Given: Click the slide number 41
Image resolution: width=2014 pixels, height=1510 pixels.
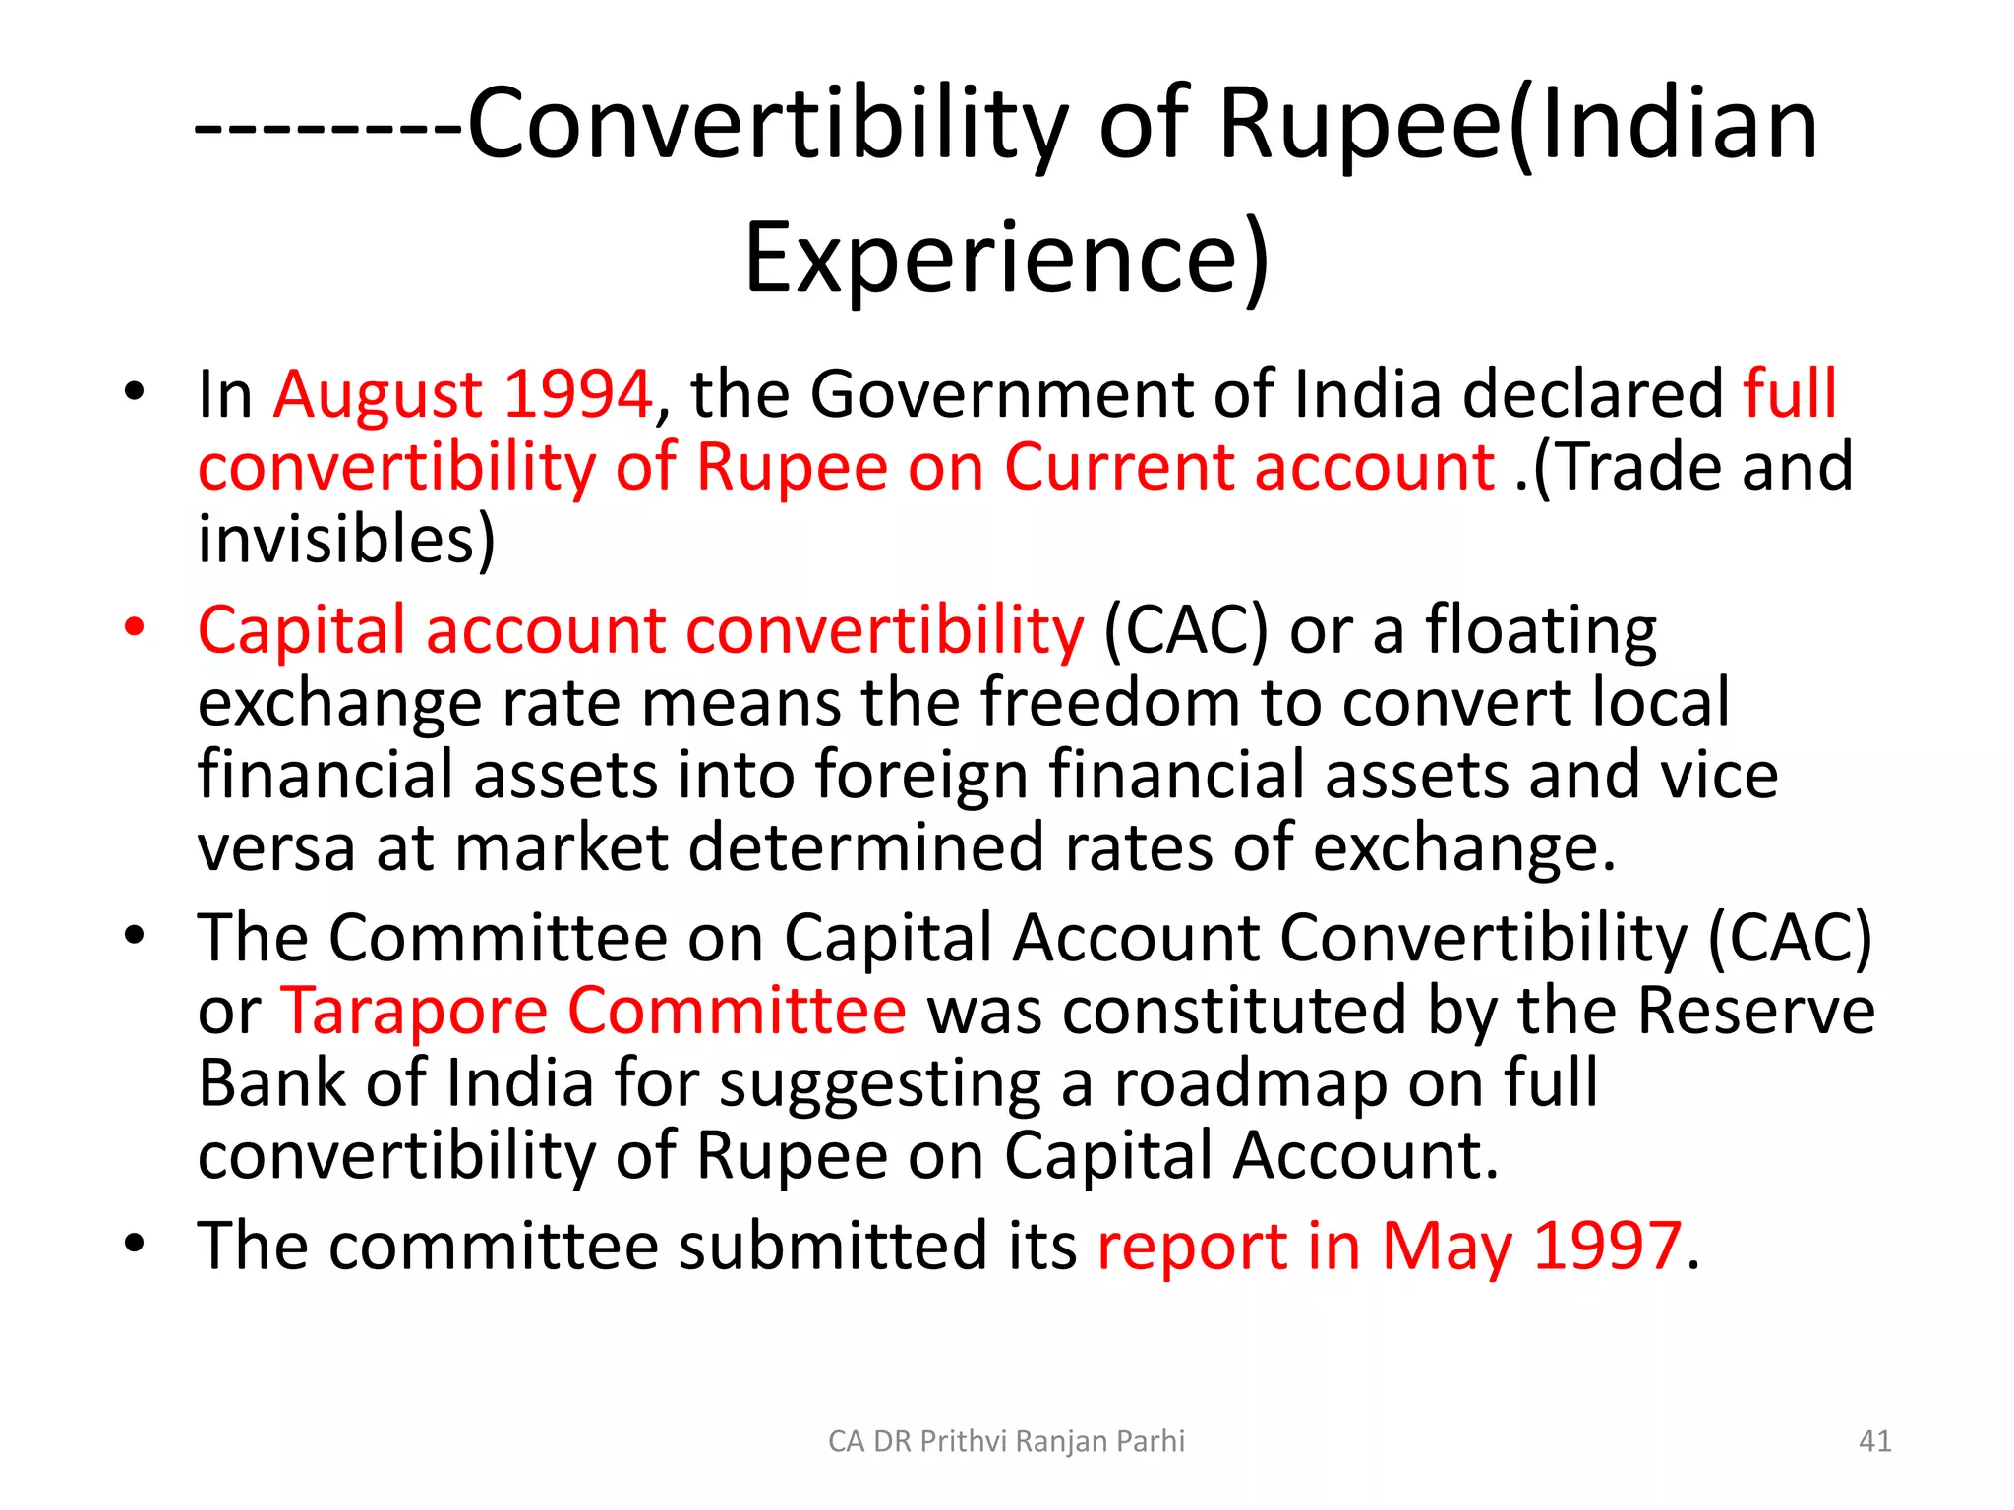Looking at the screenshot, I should (x=1874, y=1441).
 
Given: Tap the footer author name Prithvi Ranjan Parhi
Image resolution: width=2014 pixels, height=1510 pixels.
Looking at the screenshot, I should (x=1006, y=1441).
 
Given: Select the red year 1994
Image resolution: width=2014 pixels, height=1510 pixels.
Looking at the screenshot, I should (x=577, y=393).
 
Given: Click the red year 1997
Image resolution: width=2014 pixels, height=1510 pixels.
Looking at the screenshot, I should (x=1607, y=1246).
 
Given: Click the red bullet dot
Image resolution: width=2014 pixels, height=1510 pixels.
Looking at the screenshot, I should (x=135, y=627).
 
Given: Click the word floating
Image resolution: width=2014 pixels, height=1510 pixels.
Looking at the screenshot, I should (x=1541, y=631).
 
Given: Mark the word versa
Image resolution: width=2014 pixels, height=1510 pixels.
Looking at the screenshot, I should (x=276, y=847).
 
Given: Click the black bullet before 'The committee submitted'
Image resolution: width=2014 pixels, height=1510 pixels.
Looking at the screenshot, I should (x=135, y=1243).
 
